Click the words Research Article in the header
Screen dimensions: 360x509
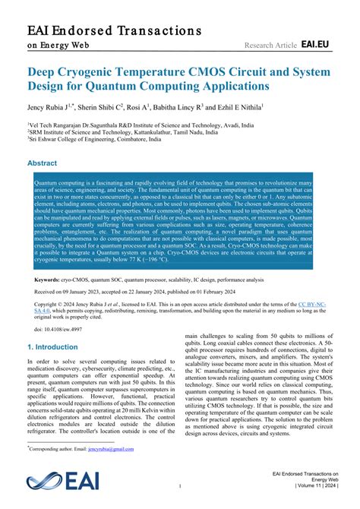[269, 46]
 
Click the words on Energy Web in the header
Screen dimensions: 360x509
[58, 46]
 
